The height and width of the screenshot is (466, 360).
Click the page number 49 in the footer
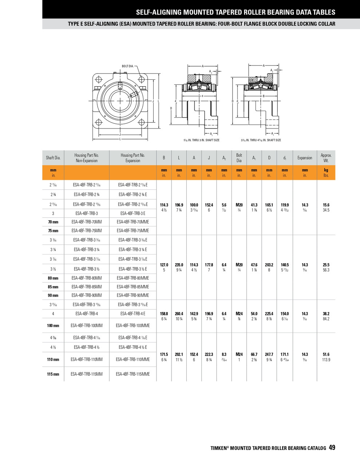[x=332, y=447]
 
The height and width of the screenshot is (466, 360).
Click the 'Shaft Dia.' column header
[x=53, y=158]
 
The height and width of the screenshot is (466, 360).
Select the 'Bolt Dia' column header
[x=239, y=158]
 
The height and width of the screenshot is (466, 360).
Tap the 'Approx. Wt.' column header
[x=326, y=158]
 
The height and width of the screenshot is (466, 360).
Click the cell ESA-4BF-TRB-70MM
[x=87, y=222]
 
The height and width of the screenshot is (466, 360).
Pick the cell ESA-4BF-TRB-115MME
[x=133, y=374]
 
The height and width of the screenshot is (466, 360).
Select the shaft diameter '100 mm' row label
[x=53, y=325]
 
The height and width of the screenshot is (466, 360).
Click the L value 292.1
[x=179, y=354]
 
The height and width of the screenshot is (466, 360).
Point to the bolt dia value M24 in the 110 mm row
[x=239, y=354]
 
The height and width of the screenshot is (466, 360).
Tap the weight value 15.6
[x=326, y=205]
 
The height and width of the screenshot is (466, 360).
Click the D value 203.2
[x=269, y=265]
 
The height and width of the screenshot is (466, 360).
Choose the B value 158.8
[x=164, y=313]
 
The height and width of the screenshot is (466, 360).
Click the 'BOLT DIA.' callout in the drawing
[x=127, y=66]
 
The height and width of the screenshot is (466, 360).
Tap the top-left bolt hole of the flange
[x=98, y=79]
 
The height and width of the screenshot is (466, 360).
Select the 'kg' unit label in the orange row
[x=326, y=170]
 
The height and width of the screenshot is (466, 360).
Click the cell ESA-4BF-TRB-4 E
[x=133, y=313]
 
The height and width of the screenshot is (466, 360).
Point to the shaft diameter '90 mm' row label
[x=53, y=295]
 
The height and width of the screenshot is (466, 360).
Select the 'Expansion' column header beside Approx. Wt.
[x=305, y=158]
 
